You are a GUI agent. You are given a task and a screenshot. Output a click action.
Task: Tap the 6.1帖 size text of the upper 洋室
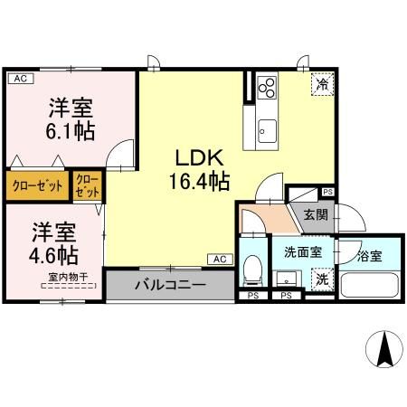tap(70, 130)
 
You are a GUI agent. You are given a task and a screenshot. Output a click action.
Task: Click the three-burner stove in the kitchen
tap(268, 89)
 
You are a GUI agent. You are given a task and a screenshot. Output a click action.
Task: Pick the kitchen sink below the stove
tap(267, 128)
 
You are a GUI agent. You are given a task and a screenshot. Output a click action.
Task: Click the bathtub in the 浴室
tap(371, 285)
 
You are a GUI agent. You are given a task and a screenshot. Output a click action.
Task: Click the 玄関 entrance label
tap(315, 215)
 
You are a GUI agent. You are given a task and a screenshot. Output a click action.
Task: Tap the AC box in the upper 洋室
tap(20, 80)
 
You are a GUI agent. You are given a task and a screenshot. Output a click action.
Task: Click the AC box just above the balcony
tap(219, 259)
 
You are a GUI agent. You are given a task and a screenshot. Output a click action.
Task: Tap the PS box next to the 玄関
tap(327, 192)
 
